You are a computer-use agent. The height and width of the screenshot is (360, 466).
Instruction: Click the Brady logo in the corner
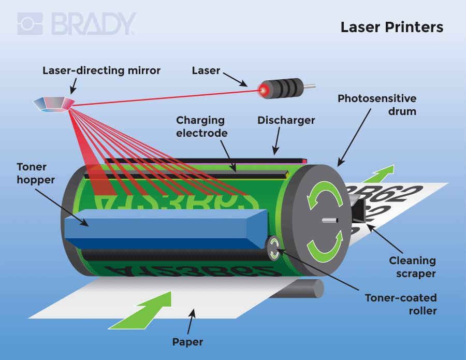click(x=77, y=24)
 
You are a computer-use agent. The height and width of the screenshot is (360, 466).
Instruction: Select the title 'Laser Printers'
click(x=391, y=27)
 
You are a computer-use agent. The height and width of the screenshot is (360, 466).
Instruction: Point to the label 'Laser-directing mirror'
click(x=101, y=70)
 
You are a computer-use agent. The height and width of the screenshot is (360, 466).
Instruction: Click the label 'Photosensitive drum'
click(x=377, y=104)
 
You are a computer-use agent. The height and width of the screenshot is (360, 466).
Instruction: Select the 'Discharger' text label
click(x=286, y=120)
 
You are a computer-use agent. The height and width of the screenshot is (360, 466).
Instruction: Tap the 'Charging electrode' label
click(x=200, y=126)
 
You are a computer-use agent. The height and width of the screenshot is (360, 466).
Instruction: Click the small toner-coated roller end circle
click(x=274, y=247)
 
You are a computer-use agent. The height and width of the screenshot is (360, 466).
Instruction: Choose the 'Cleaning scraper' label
click(x=412, y=266)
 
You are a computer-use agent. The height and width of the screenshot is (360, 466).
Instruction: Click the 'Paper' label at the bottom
click(x=187, y=342)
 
